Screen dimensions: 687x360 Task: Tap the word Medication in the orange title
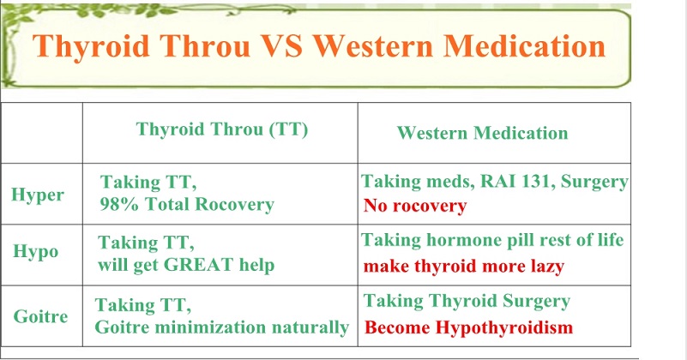click(524, 45)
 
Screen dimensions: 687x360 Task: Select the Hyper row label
click(38, 195)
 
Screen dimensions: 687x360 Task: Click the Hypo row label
click(35, 252)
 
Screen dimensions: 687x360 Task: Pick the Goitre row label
click(41, 316)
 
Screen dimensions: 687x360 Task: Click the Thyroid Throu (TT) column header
click(222, 129)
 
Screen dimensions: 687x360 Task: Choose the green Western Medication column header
click(482, 133)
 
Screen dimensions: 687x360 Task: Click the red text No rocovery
click(415, 206)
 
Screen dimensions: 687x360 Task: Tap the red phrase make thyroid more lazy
click(464, 267)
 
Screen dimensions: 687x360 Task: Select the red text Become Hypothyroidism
click(469, 327)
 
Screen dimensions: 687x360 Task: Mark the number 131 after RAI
click(533, 181)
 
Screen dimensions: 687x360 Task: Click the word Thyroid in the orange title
click(91, 46)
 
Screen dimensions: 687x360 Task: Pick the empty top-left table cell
click(42, 133)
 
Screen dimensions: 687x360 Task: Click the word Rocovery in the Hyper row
click(234, 204)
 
